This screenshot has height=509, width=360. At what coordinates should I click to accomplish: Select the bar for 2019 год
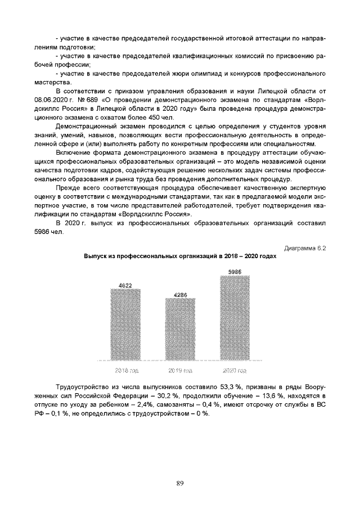click(180, 329)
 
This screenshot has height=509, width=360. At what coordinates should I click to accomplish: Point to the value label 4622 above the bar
click(125, 286)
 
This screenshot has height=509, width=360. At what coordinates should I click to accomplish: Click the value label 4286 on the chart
click(180, 294)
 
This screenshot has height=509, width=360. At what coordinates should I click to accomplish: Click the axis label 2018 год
click(127, 371)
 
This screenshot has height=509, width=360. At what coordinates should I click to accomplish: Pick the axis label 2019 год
click(181, 371)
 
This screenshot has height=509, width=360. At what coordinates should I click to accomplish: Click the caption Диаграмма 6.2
click(305, 247)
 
